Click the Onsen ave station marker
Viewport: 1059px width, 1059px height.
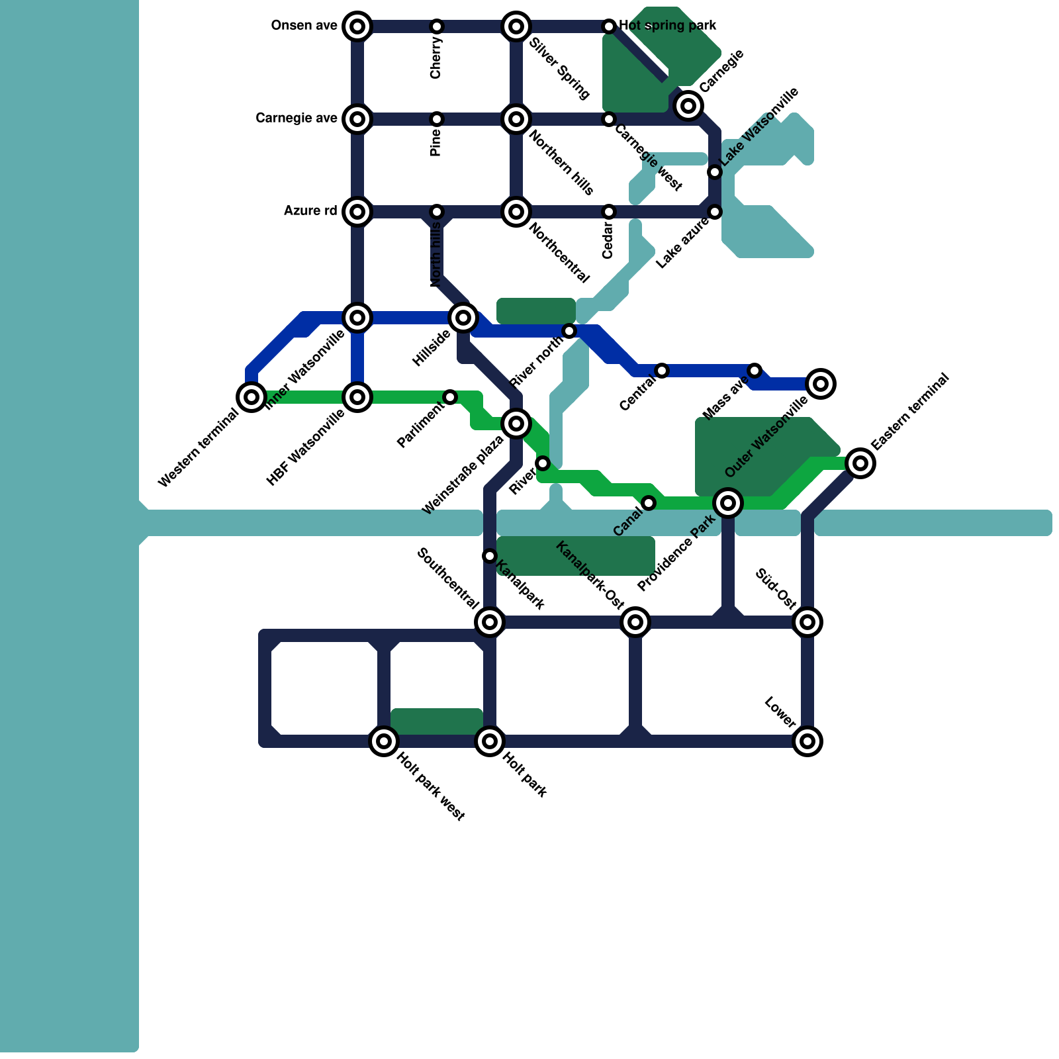tap(357, 26)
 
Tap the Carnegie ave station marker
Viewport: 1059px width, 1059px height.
tap(357, 119)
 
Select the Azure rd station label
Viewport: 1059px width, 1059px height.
tap(310, 211)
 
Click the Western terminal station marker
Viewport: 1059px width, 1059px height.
tap(252, 397)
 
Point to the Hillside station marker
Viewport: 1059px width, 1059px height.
tap(463, 318)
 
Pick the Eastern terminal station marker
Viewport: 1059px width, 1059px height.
tap(860, 463)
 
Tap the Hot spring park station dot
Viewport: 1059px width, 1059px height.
tap(609, 26)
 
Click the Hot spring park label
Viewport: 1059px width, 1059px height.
tap(667, 26)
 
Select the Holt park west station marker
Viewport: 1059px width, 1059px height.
tap(384, 741)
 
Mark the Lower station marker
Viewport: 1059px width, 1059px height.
tap(807, 741)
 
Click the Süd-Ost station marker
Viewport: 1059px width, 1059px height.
tap(807, 622)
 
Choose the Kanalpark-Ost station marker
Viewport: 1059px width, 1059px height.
tap(635, 622)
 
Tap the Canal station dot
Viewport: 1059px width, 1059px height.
tap(649, 503)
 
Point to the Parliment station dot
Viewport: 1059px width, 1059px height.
tap(450, 397)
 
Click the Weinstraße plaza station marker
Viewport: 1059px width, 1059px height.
tap(516, 424)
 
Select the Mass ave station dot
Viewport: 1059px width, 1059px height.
tap(755, 371)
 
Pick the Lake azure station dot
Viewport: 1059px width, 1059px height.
tap(715, 212)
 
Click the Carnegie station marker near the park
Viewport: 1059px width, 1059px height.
tap(688, 106)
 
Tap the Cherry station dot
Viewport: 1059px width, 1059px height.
tap(437, 26)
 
